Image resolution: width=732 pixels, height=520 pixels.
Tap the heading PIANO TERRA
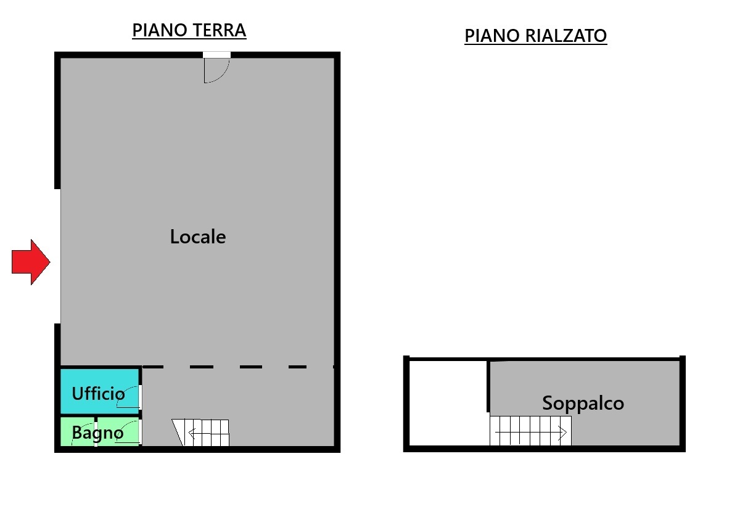click(x=189, y=30)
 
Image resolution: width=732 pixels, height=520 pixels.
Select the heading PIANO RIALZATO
click(x=535, y=36)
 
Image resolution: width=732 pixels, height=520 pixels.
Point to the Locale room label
click(x=198, y=237)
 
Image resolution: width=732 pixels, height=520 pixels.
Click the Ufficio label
click(x=98, y=394)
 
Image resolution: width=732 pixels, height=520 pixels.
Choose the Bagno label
click(x=97, y=433)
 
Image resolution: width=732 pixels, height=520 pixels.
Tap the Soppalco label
click(x=583, y=404)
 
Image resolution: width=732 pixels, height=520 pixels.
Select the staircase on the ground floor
click(x=201, y=433)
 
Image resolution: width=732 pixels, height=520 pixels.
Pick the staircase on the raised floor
click(x=530, y=431)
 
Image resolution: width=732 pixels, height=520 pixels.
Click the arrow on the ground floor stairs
click(x=208, y=434)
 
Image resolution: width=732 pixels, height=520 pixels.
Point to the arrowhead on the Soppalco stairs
click(x=562, y=433)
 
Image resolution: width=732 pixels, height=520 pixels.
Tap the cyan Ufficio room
click(x=100, y=392)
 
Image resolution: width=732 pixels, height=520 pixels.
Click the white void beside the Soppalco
click(x=449, y=404)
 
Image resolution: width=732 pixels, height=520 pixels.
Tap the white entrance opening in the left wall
click(x=57, y=256)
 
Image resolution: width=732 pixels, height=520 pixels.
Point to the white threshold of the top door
click(x=216, y=55)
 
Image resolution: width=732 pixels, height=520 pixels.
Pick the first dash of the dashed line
click(x=153, y=367)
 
